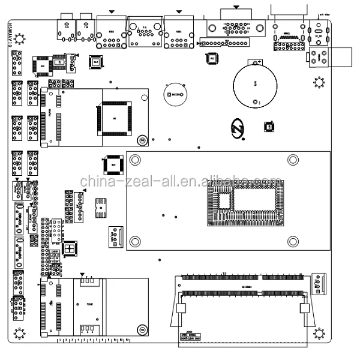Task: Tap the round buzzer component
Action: point(176,94)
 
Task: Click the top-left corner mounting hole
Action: point(20,39)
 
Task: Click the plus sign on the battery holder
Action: point(257,62)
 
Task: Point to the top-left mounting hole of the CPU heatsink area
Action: point(136,160)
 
